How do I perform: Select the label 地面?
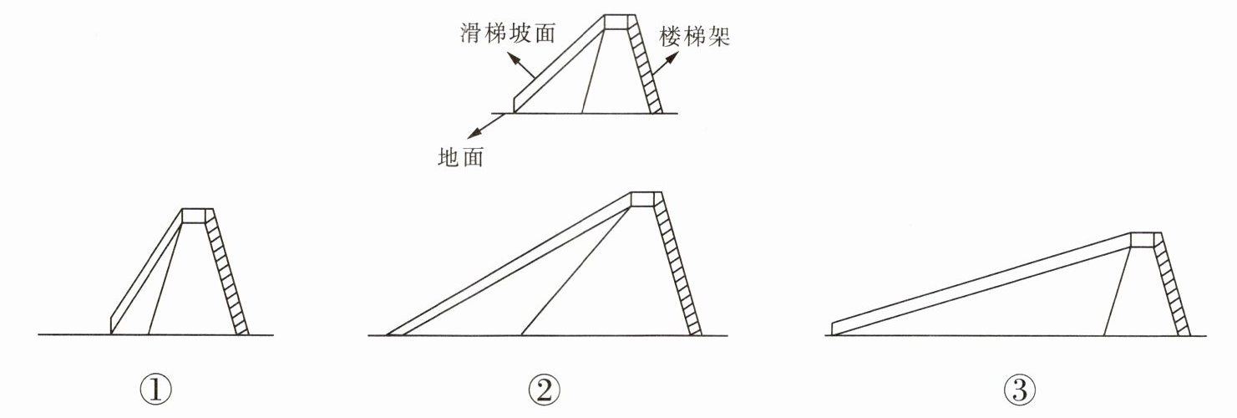[x=460, y=157]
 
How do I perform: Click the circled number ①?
[x=155, y=388]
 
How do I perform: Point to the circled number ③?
[x=1019, y=388]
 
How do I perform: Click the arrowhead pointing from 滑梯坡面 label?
[x=515, y=61]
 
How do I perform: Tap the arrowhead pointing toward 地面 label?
[x=473, y=135]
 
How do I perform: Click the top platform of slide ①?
[x=197, y=215]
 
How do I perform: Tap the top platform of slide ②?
[x=646, y=198]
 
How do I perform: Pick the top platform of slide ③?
[x=1145, y=240]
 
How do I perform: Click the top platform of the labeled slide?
[x=618, y=21]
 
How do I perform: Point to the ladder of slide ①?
[x=227, y=272]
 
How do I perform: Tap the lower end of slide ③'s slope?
[x=837, y=328]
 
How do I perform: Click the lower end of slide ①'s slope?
[x=115, y=324]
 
